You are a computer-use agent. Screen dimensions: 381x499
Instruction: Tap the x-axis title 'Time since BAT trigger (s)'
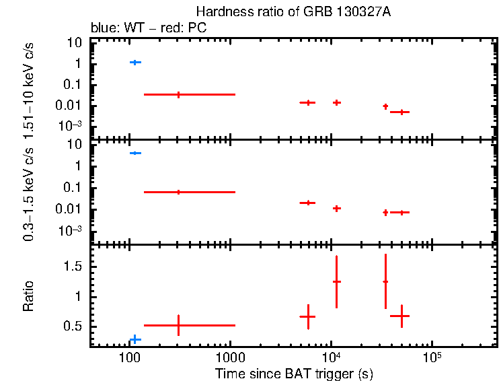pos(294,373)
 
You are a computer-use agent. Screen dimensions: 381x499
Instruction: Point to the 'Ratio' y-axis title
pos(28,296)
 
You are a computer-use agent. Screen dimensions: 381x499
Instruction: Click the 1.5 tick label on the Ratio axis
pos(73,267)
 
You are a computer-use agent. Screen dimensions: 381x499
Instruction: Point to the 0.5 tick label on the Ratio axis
pos(73,326)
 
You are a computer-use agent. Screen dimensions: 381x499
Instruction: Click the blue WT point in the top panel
pos(135,62)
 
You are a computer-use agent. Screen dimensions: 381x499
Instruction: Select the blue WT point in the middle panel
pos(135,153)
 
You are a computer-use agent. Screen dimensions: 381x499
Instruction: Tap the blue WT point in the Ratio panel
pos(135,339)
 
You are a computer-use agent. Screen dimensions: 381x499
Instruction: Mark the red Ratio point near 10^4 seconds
pos(336,281)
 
